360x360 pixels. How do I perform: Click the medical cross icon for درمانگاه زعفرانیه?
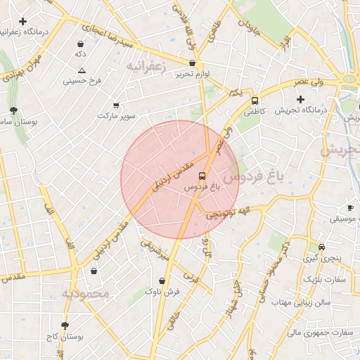click(23, 22)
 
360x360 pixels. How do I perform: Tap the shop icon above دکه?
click(81, 44)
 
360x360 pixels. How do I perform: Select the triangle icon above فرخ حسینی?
click(82, 70)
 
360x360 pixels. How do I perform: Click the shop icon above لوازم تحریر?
click(192, 63)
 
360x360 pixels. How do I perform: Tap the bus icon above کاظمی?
click(255, 101)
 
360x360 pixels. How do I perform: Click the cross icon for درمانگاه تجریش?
click(300, 99)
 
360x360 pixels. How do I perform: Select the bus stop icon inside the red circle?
click(202, 176)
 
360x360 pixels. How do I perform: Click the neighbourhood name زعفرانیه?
click(150, 65)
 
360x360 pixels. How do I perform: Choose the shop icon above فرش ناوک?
click(162, 281)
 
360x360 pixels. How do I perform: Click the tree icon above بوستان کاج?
click(65, 326)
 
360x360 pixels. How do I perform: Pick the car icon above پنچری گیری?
click(321, 247)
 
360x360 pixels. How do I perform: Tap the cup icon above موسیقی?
click(350, 208)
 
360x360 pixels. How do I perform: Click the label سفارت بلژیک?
click(326, 279)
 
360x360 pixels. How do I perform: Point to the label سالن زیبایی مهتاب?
click(301, 301)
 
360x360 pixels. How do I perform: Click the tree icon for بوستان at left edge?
click(13, 110)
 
